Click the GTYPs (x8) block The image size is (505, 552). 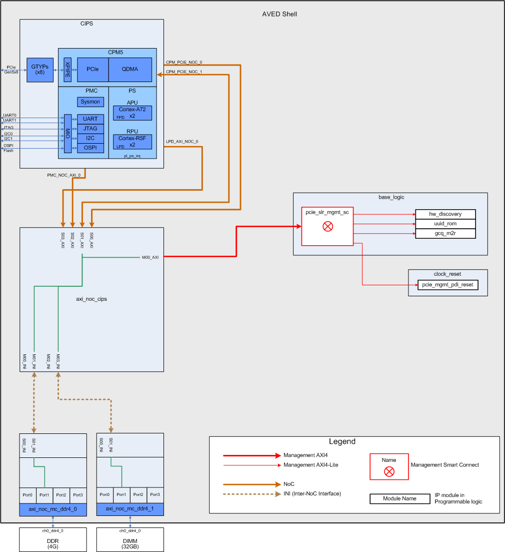[40, 70]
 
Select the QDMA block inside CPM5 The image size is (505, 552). [130, 70]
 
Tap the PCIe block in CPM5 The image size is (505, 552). [92, 70]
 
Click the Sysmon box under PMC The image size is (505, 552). [90, 102]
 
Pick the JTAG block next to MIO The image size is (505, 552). [90, 129]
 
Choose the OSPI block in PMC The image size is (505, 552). [90, 148]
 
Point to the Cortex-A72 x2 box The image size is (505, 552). [132, 113]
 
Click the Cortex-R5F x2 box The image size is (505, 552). [132, 142]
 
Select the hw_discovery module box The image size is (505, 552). [445, 214]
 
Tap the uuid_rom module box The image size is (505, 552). [445, 224]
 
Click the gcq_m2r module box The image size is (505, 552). [445, 233]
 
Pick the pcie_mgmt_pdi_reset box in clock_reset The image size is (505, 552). [447, 285]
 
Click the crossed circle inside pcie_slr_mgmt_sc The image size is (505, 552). [327, 226]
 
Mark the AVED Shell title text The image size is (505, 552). [279, 14]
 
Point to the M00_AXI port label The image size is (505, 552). [150, 258]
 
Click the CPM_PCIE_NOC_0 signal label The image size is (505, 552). [183, 63]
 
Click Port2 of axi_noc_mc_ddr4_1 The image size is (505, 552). [138, 494]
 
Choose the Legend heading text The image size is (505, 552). [342, 441]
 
